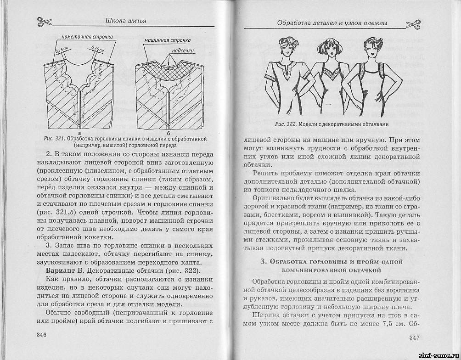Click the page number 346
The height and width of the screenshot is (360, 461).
pyautogui.click(x=41, y=334)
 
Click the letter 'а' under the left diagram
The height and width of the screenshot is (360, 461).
pyautogui.click(x=80, y=132)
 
